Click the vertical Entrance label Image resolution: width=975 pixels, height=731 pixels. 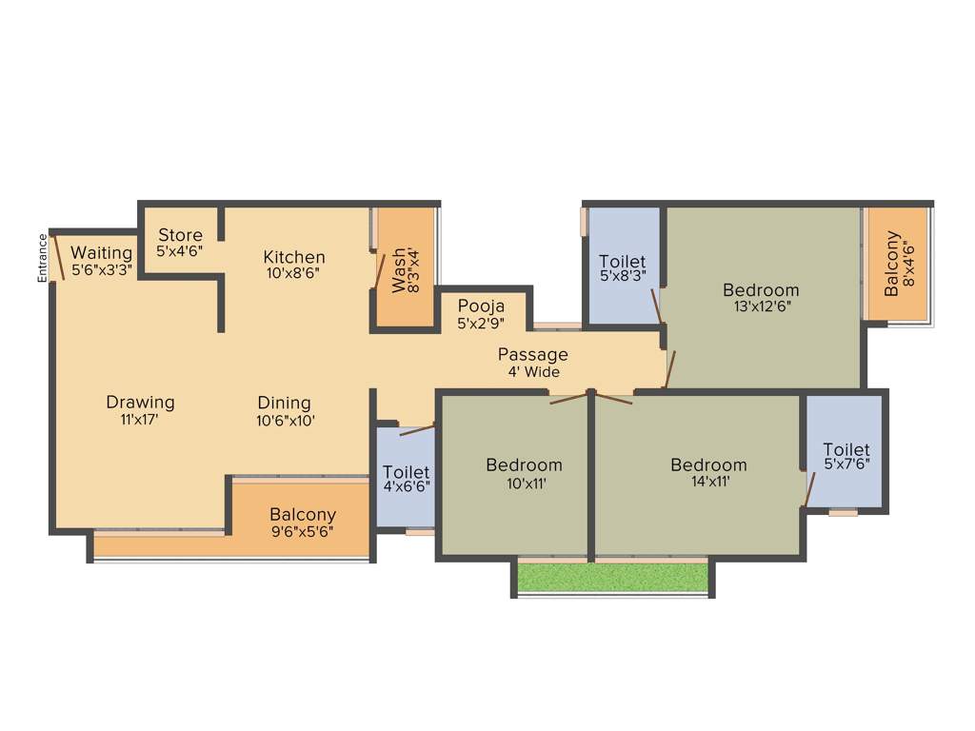[42, 258]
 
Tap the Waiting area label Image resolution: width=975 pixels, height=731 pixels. [101, 253]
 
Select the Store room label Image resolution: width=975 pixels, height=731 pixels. [180, 235]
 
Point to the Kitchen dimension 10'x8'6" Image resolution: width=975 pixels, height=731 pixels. [294, 272]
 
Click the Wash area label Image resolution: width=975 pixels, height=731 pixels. [399, 270]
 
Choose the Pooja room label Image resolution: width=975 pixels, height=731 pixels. [481, 306]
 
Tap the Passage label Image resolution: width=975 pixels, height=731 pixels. [533, 355]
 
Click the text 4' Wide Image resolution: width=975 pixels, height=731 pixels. [533, 372]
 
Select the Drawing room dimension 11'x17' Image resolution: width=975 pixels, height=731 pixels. [140, 419]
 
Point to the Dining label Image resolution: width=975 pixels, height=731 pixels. [284, 403]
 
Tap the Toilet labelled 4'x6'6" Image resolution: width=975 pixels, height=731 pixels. [406, 472]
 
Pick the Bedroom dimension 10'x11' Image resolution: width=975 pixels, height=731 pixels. [524, 483]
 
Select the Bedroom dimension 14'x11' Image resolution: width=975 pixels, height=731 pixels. [708, 483]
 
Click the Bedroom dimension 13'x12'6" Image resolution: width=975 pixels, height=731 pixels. [760, 306]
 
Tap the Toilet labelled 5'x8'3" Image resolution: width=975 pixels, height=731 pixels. [622, 262]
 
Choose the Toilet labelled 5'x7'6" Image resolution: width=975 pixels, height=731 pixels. [846, 449]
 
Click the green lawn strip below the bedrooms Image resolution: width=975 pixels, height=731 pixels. [613, 577]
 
